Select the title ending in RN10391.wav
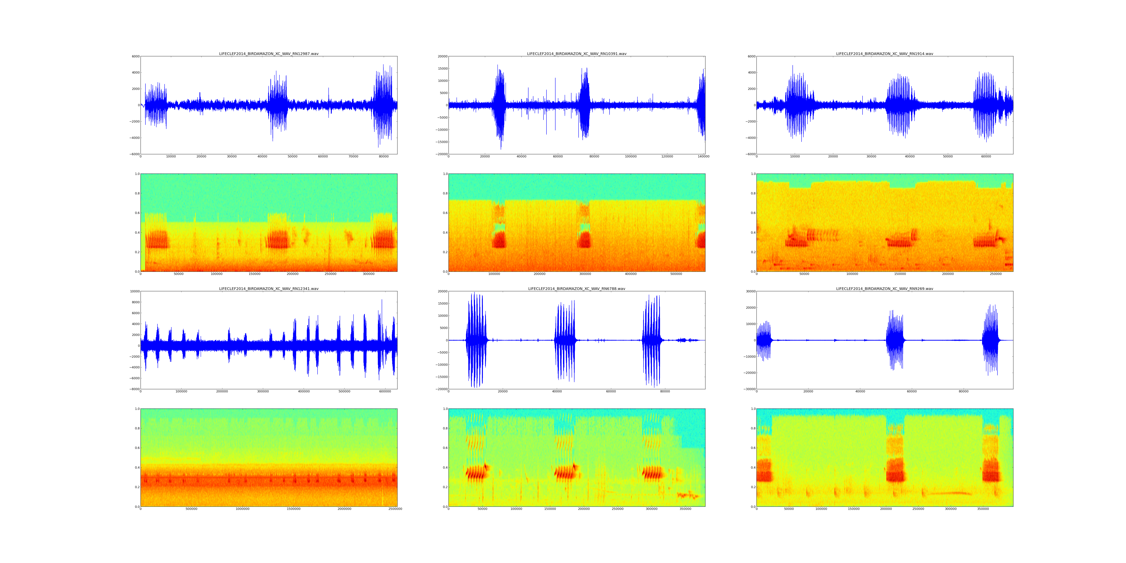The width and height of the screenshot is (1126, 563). (x=577, y=54)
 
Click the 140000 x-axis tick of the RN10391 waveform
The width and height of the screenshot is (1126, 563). (x=703, y=157)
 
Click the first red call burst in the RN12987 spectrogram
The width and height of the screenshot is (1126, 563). (x=156, y=239)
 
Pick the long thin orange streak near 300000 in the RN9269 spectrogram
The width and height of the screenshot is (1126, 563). (x=951, y=493)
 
